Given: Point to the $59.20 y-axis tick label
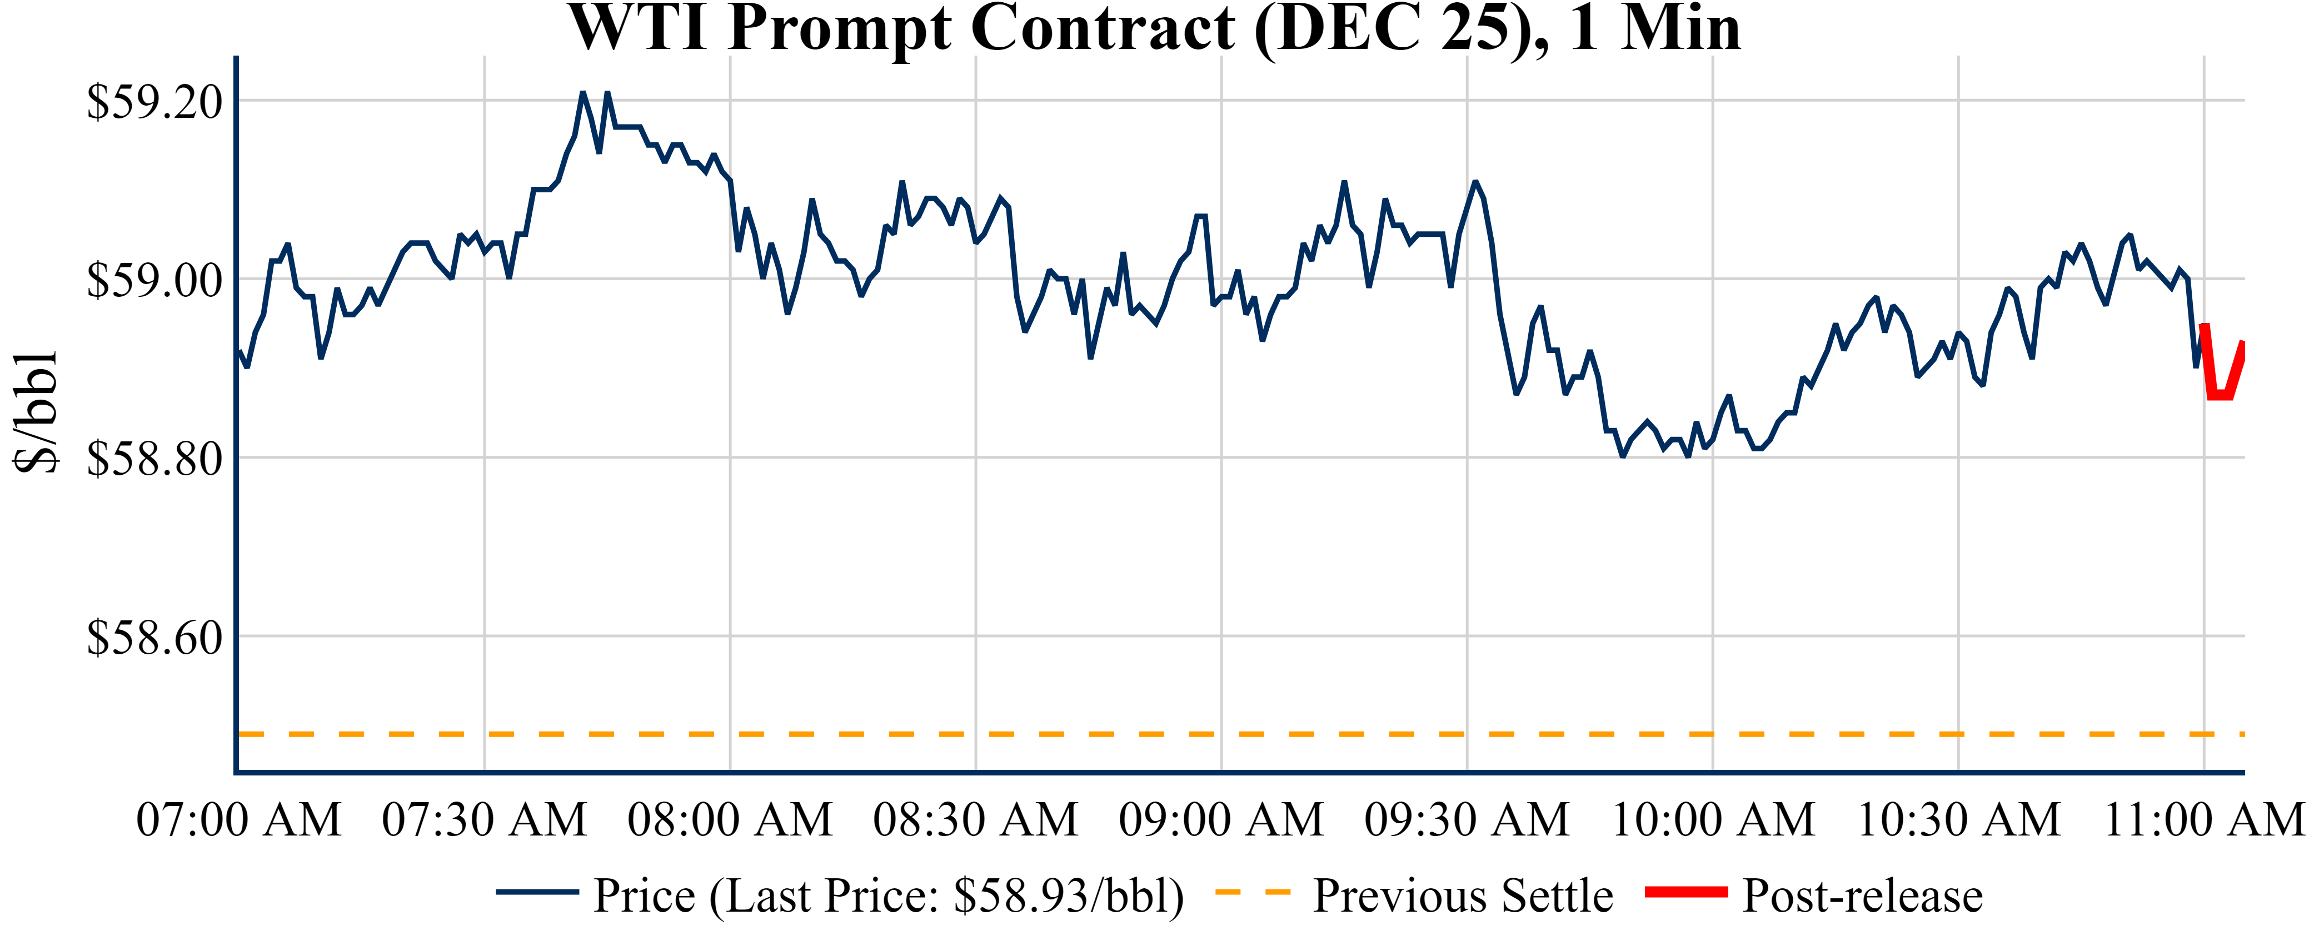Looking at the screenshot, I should (x=154, y=101).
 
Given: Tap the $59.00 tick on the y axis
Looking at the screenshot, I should (x=154, y=280).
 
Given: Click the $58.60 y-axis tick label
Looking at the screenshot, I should (x=154, y=638).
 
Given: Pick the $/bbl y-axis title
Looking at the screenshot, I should (x=36, y=411).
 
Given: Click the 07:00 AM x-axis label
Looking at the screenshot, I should (x=238, y=819).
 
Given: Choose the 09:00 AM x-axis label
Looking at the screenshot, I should (x=1221, y=819).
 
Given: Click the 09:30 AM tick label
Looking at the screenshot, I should (x=1467, y=819).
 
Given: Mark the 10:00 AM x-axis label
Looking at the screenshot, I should (x=1712, y=819).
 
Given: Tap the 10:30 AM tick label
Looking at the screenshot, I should (x=1958, y=819).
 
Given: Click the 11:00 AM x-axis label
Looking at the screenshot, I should (x=2203, y=819).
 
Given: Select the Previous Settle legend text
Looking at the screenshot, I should (x=1463, y=896).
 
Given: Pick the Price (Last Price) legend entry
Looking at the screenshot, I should (x=887, y=896).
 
